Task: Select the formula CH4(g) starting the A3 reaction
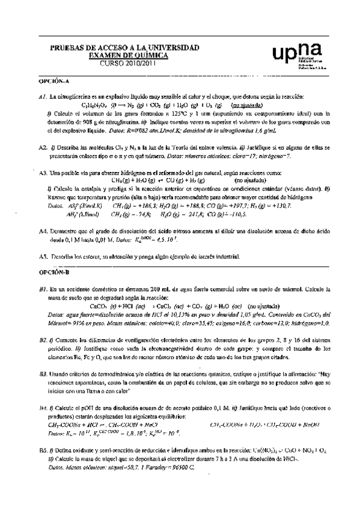click(123, 180)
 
